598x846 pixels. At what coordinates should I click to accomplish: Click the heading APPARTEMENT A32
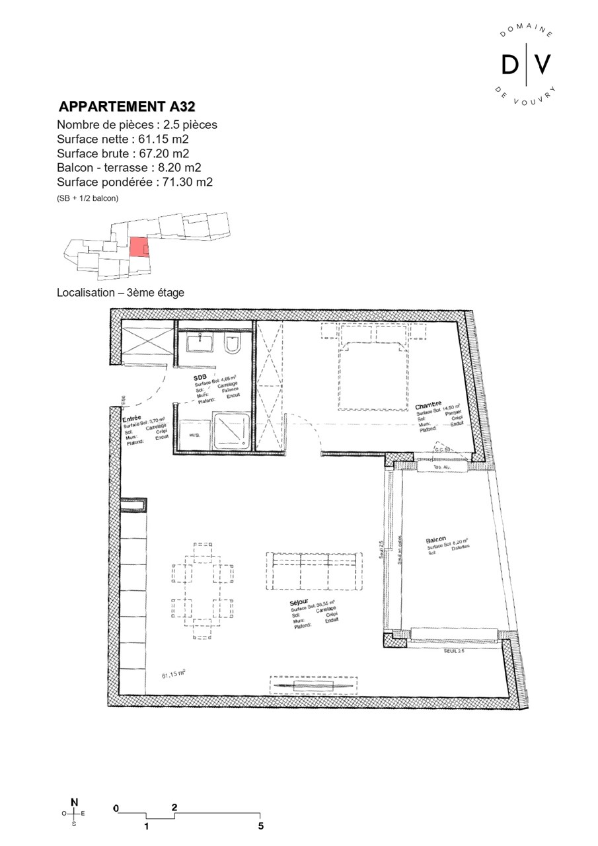tap(127, 107)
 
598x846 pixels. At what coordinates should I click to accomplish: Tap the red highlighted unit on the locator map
tap(138, 247)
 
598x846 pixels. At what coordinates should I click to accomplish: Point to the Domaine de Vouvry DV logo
tap(526, 64)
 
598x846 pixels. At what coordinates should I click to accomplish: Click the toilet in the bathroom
tap(233, 344)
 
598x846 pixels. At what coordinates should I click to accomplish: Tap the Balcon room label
tap(435, 540)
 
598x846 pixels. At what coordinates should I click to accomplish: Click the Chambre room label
tap(428, 404)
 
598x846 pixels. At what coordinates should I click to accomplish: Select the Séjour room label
tap(299, 603)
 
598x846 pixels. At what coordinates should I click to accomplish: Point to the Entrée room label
tap(131, 418)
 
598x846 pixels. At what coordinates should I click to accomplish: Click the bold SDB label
tap(200, 376)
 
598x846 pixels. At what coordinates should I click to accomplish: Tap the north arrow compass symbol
tap(74, 813)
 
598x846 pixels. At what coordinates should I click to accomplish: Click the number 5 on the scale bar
tap(261, 826)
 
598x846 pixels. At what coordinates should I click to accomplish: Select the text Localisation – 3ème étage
tap(120, 292)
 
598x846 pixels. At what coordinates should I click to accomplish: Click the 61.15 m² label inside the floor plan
tap(173, 675)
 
